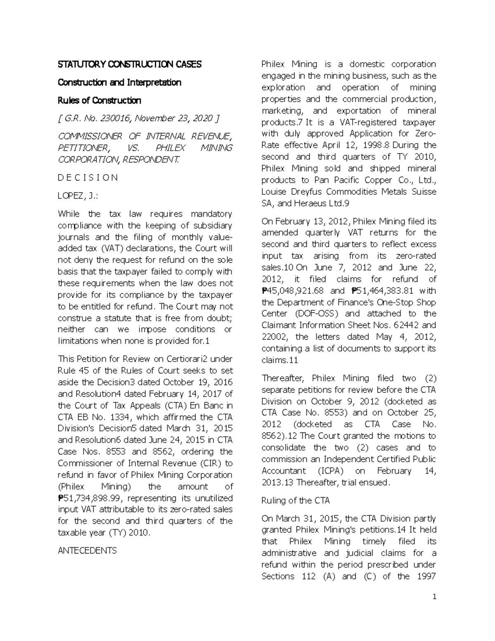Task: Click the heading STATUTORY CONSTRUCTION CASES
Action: pos(130,64)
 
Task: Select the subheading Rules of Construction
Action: pos(99,101)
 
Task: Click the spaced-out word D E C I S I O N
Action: pos(88,178)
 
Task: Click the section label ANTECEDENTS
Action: pos(87,551)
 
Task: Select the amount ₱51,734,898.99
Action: pos(85,498)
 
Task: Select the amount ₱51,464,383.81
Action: pos(377,291)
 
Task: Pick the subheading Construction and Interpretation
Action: pos(120,83)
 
